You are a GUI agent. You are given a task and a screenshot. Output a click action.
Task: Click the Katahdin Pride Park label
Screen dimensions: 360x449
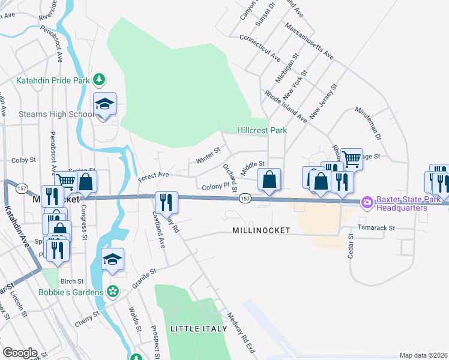coord(52,80)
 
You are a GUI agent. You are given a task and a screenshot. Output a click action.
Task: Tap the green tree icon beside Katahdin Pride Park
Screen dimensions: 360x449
coord(100,80)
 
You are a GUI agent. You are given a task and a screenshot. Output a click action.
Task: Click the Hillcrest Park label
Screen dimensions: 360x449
coord(262,130)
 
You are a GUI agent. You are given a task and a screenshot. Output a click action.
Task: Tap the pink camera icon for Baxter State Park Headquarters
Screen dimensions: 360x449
coord(367,203)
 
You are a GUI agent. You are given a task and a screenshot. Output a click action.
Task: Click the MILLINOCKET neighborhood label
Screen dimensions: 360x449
coord(261,230)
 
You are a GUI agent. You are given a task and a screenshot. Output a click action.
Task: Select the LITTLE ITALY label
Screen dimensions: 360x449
coord(199,328)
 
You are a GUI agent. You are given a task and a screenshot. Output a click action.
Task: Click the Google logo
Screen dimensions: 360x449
coord(20,353)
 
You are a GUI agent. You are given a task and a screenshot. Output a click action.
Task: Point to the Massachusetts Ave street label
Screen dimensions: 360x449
coord(309,41)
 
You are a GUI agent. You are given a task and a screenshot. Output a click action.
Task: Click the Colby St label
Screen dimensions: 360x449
coord(24,160)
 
